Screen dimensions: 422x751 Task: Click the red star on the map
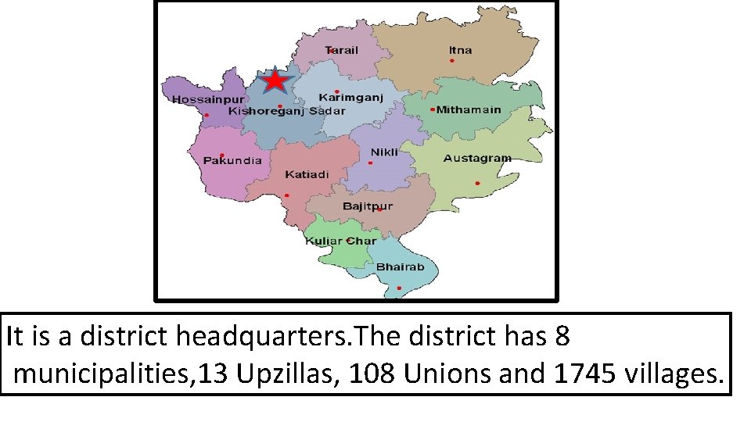(275, 81)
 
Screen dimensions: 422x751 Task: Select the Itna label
(461, 50)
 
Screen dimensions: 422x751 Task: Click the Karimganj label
(350, 98)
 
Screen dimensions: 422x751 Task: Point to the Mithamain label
(469, 110)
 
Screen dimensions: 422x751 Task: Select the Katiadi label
(307, 173)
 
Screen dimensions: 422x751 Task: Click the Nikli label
(384, 152)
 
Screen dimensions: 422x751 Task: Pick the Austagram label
(477, 158)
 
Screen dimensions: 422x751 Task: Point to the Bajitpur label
(368, 207)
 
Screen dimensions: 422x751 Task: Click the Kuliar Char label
(341, 241)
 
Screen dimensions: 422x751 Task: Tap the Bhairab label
(401, 267)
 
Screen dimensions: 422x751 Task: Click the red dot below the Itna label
(451, 60)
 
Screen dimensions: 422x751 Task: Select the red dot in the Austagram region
(476, 184)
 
